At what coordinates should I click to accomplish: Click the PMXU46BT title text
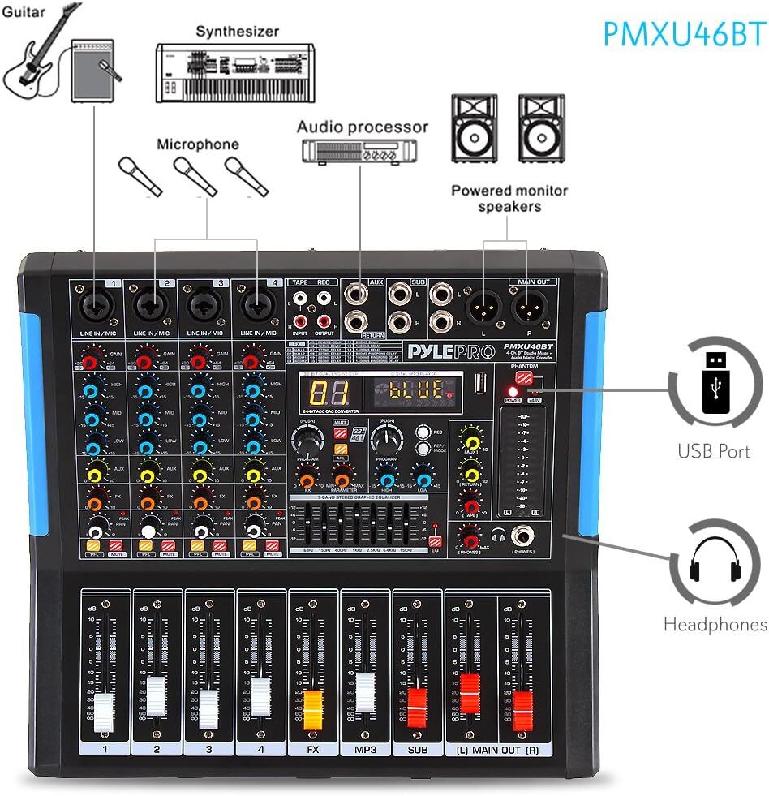pos(684,33)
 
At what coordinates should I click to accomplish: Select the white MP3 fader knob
pos(366,690)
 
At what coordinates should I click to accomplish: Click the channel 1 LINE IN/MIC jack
pos(94,305)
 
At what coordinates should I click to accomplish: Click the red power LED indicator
pos(512,391)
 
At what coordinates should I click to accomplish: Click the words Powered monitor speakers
pos(509,199)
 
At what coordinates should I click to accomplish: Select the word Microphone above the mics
pos(198,144)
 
